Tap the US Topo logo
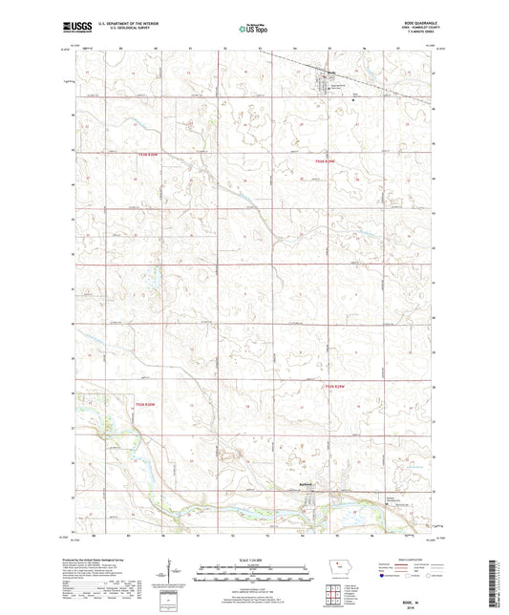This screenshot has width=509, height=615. [x=251, y=30]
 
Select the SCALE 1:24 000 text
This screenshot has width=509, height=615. [x=253, y=560]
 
